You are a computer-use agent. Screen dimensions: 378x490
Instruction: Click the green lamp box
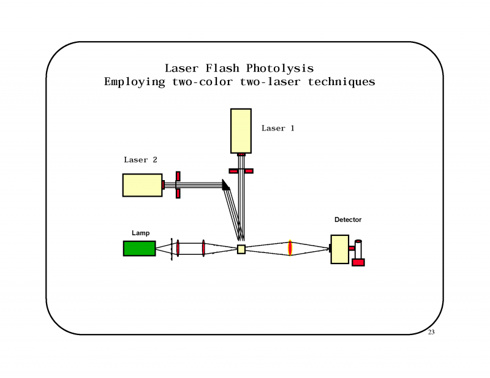pos(139,248)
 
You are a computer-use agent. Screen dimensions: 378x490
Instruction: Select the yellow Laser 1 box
pos(241,130)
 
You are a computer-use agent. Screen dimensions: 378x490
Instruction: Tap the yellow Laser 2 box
pos(142,184)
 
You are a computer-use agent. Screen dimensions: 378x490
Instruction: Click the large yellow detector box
pos(339,249)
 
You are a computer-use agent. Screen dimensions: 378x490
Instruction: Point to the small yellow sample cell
pos(241,249)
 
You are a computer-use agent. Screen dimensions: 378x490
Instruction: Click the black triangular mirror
pos(225,184)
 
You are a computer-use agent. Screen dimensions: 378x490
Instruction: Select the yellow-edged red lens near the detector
pos(290,248)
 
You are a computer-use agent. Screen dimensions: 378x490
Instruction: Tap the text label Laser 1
pos(278,128)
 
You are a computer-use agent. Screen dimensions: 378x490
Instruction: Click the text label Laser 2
pos(140,160)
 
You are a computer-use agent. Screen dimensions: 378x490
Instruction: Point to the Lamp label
pos(140,233)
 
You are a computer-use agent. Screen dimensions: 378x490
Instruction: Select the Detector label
pos(348,219)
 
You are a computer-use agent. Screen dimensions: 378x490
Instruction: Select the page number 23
pos(431,332)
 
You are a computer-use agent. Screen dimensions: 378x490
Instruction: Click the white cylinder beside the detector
pos(358,249)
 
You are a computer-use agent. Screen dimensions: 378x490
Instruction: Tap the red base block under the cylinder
pos(358,262)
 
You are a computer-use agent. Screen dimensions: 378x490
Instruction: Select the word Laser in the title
pos(182,68)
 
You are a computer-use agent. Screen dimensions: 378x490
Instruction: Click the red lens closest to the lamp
pos(178,248)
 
